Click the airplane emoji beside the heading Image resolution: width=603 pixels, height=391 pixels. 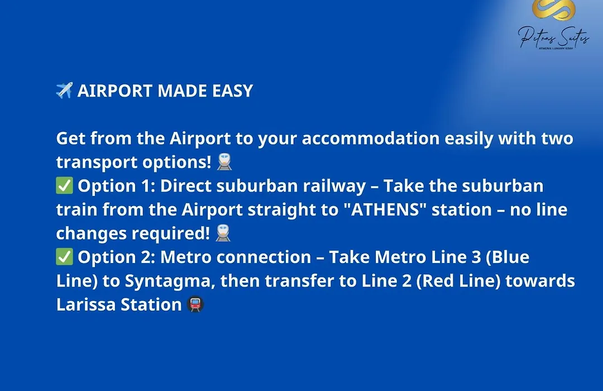[x=64, y=90]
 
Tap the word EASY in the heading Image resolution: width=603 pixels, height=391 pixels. [x=233, y=91]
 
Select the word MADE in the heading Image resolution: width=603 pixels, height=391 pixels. [x=183, y=91]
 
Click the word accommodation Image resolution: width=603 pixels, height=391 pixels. [x=370, y=138]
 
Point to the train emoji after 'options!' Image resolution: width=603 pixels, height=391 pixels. [x=224, y=161]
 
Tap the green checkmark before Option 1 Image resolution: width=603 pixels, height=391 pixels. [x=64, y=185]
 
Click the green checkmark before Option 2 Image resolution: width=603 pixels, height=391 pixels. [x=64, y=257]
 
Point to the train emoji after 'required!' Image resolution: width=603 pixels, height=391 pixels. [x=223, y=233]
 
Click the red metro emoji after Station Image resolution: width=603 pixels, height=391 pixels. [x=195, y=304]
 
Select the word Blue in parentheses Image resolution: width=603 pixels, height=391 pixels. [x=510, y=257]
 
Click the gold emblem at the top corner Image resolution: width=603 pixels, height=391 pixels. [x=553, y=10]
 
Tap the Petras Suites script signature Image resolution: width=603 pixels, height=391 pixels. [x=553, y=38]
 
